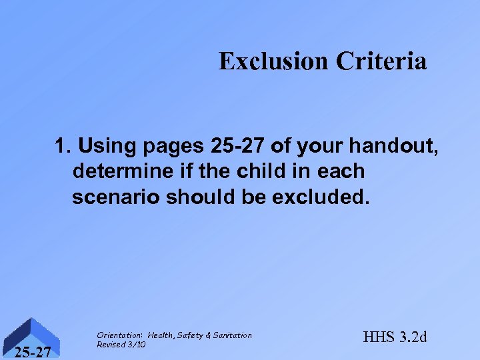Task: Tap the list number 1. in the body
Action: coord(64,145)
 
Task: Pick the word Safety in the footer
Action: coord(189,335)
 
